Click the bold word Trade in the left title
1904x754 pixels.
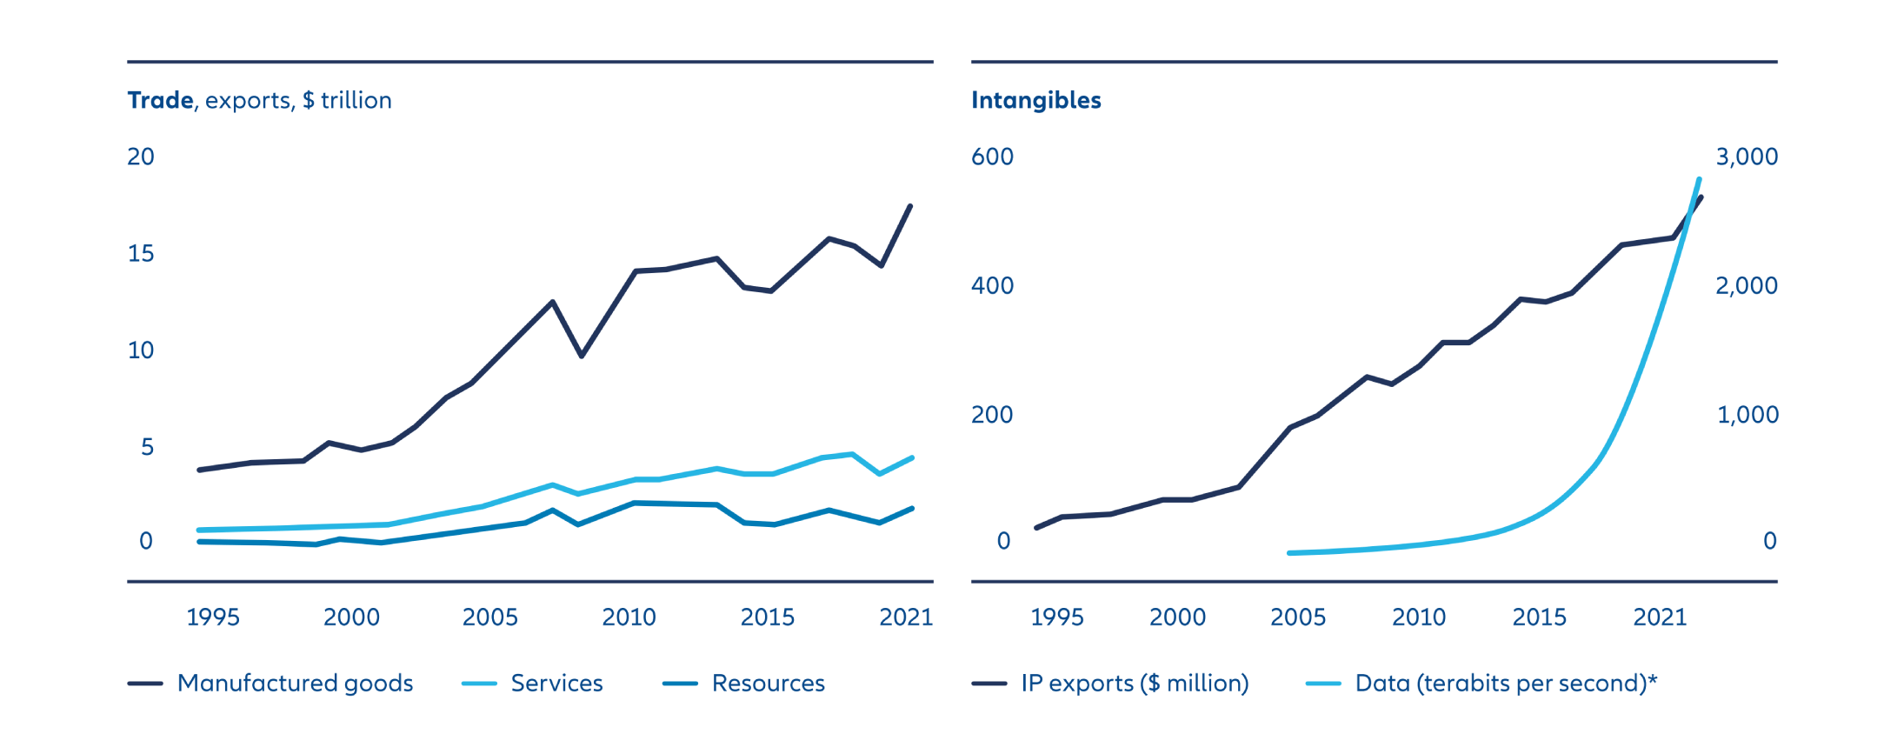(x=161, y=101)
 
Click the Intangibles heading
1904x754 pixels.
(x=1035, y=101)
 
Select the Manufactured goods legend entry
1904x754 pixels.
(x=295, y=684)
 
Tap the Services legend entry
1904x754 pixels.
(x=556, y=684)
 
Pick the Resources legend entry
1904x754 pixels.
(x=768, y=684)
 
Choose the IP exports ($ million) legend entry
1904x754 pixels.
(x=1134, y=684)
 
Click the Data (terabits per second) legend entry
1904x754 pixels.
(x=1505, y=684)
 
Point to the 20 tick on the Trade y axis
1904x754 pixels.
(x=141, y=157)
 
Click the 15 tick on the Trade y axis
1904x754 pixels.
(x=141, y=254)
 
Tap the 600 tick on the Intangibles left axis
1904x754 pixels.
(x=992, y=157)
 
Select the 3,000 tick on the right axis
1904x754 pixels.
(x=1747, y=157)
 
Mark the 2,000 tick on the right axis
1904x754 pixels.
(x=1747, y=286)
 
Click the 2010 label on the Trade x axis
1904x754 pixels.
(x=629, y=617)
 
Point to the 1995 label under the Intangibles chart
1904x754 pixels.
(x=1056, y=617)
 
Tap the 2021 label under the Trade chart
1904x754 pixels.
(x=905, y=617)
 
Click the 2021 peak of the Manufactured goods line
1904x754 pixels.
(x=910, y=206)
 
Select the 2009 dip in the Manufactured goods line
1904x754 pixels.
(x=582, y=356)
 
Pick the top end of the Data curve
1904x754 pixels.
(x=1700, y=180)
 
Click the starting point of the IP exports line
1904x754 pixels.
(x=1036, y=528)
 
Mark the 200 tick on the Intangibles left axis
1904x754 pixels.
(x=992, y=415)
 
